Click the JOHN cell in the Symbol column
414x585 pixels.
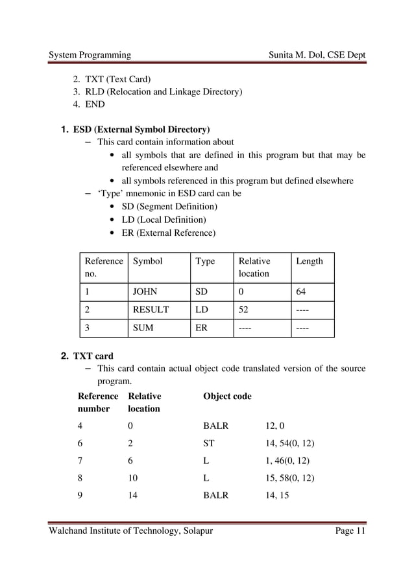[145, 292]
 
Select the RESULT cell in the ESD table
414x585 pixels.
[151, 310]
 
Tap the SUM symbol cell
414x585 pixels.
[143, 328]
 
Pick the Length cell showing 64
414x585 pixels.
[301, 292]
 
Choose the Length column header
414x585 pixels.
[309, 261]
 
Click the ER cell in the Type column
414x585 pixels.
[202, 328]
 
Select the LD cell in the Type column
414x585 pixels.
[202, 310]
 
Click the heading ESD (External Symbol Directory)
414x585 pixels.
[141, 129]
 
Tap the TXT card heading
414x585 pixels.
[93, 356]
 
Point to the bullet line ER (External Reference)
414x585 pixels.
[169, 233]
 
